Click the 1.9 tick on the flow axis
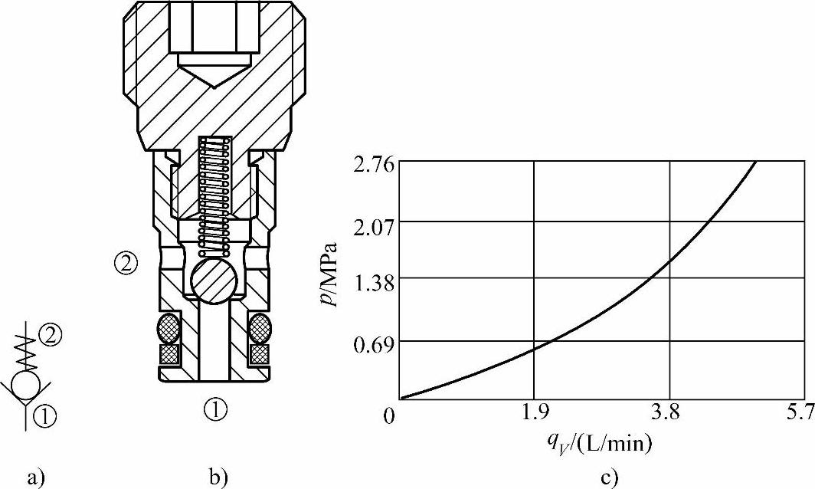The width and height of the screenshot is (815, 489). click(x=535, y=413)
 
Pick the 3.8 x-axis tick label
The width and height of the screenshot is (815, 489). click(x=669, y=413)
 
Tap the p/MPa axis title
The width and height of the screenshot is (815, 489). click(x=329, y=274)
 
